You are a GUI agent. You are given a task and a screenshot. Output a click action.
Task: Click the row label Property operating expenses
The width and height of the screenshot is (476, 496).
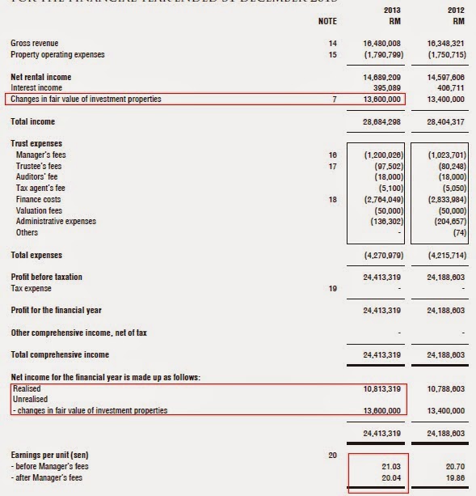point(57,54)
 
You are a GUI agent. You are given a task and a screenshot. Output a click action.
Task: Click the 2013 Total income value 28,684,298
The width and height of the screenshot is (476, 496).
point(378,121)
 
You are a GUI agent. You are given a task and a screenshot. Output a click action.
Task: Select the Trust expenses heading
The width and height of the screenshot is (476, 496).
point(37,142)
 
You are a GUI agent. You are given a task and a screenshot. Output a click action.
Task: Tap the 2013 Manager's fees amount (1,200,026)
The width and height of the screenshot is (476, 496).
point(377,154)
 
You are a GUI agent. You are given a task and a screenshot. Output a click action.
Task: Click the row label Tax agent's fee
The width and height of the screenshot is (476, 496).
point(41,188)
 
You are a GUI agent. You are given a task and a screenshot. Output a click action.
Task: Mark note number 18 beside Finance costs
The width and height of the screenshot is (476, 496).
point(333,199)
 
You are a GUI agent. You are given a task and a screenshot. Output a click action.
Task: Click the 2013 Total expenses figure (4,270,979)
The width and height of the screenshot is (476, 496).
point(377,255)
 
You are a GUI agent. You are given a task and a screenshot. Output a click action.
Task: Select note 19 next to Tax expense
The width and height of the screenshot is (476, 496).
point(333,288)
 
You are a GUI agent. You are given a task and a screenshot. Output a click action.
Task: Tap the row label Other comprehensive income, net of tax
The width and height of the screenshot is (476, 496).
point(78,333)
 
